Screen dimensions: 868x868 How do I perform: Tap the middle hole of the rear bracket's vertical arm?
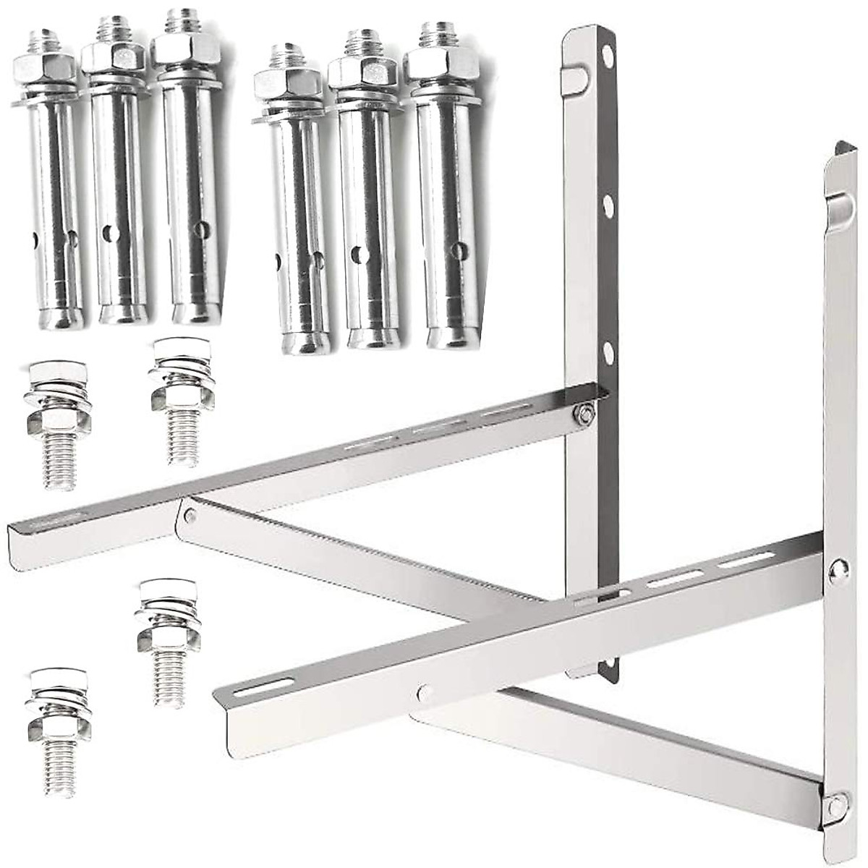(608, 205)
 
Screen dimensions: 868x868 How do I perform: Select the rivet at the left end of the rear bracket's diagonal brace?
(191, 515)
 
